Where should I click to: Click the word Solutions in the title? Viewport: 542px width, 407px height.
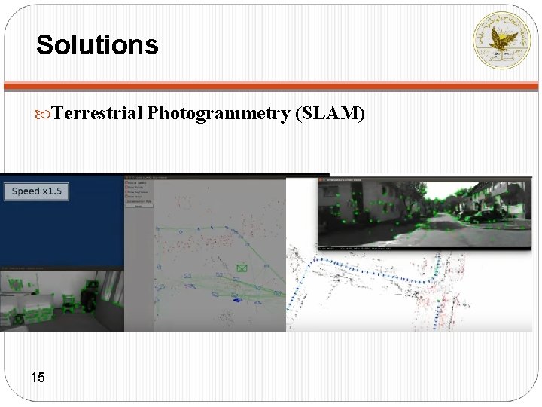click(97, 44)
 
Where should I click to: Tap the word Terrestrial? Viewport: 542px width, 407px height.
click(99, 114)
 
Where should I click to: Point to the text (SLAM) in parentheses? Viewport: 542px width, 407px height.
click(330, 114)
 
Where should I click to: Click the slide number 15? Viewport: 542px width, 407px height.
click(38, 377)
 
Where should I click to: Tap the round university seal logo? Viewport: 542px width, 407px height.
click(501, 41)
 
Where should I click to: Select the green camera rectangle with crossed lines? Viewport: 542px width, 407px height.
click(242, 268)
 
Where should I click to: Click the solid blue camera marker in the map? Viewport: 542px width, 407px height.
click(237, 300)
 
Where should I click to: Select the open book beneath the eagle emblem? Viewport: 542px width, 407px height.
click(501, 54)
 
